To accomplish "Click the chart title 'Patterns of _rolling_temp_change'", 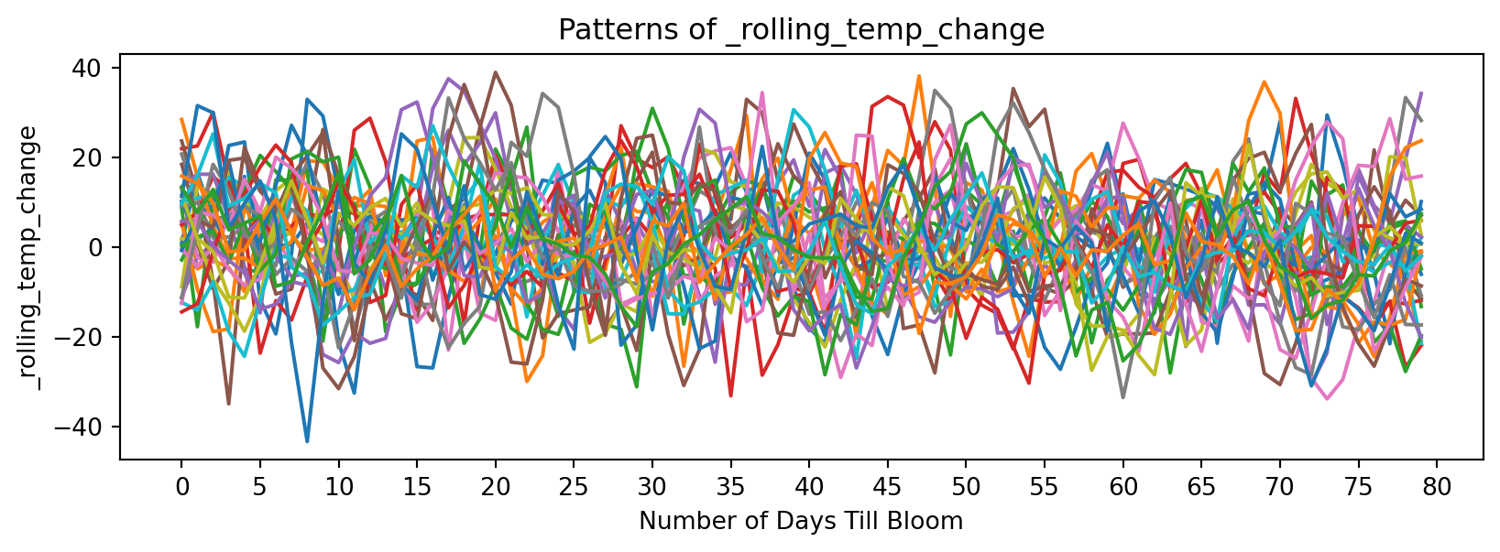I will click(801, 30).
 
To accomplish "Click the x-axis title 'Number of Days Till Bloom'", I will click(801, 522).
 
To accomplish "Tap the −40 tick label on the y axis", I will click(91, 428).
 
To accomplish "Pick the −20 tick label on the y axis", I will click(91, 338).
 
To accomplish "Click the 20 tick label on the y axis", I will click(98, 158).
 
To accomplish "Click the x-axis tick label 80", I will click(1437, 488).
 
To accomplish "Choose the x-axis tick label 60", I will click(1122, 488).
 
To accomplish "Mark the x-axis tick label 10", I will click(338, 488).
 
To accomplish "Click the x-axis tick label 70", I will click(1279, 488).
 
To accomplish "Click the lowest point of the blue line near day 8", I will click(307, 441).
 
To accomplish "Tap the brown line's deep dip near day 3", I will click(228, 404).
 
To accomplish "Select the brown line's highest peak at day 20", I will click(495, 72).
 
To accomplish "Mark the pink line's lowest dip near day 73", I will click(1326, 398).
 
